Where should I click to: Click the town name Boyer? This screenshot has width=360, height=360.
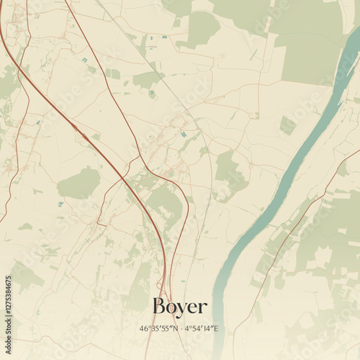180,307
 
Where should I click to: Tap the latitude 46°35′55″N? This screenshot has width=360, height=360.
158,328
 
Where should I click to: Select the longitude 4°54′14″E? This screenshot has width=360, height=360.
202,328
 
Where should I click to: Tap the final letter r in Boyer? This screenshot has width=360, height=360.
202,308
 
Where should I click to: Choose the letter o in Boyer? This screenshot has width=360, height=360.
171,308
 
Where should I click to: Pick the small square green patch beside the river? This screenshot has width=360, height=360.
287,125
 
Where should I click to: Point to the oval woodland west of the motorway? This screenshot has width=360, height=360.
79,184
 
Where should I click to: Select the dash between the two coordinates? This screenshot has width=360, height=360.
181,328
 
